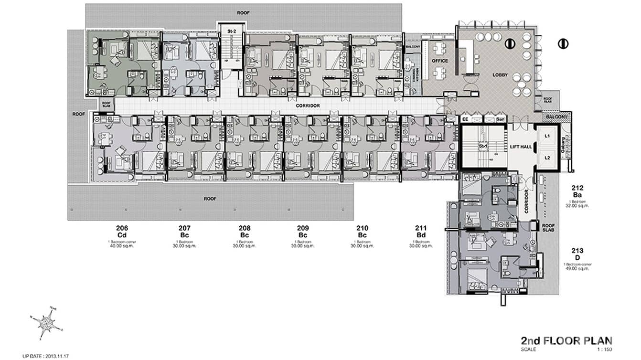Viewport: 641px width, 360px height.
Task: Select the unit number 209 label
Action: pyautogui.click(x=302, y=228)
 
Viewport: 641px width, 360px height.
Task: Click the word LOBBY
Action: pyautogui.click(x=500, y=75)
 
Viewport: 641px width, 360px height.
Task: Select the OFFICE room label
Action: pyautogui.click(x=439, y=61)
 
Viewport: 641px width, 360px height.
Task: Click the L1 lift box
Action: pyautogui.click(x=547, y=136)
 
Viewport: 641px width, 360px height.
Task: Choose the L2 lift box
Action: pyautogui.click(x=547, y=158)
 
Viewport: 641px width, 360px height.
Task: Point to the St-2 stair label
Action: pyautogui.click(x=232, y=32)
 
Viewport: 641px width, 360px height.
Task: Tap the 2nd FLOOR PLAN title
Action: pyautogui.click(x=566, y=341)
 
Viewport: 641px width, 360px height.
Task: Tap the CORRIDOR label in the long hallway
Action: pyautogui.click(x=308, y=106)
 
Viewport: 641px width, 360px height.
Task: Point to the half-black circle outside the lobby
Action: pyautogui.click(x=563, y=43)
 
